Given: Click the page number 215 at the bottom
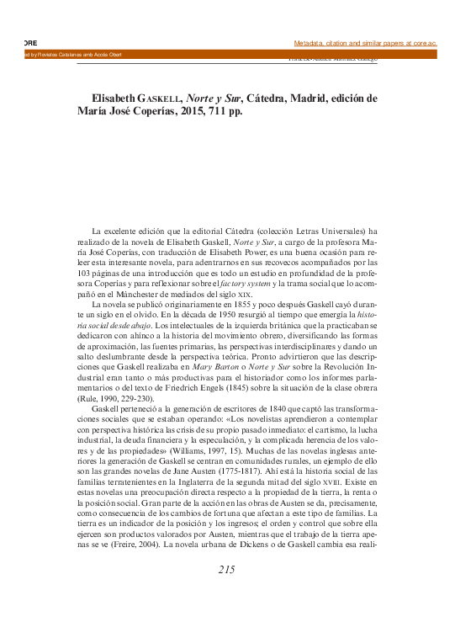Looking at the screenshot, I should (226, 570).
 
